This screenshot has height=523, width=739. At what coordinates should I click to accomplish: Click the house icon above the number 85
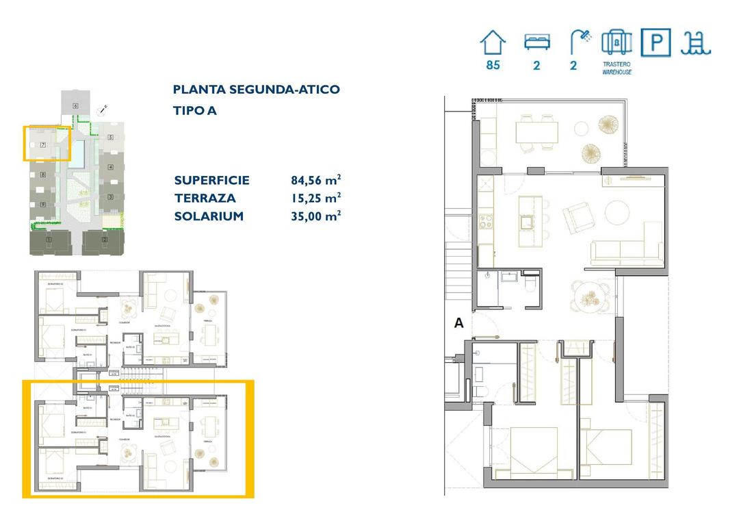click(x=493, y=42)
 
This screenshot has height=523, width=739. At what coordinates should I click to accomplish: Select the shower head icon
click(x=581, y=42)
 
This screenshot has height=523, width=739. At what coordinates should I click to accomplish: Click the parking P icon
click(x=656, y=42)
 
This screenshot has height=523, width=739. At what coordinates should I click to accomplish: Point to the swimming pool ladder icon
click(x=695, y=42)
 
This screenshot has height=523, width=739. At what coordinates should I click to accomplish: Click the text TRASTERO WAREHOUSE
click(x=617, y=68)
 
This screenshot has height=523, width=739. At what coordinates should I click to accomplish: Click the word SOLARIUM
click(x=209, y=216)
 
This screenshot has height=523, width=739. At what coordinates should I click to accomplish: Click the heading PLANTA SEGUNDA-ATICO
click(x=256, y=90)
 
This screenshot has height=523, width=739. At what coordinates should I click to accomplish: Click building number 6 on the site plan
click(x=75, y=105)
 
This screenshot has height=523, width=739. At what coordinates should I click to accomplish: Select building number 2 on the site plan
click(x=104, y=240)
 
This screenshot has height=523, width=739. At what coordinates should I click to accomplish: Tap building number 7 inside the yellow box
click(x=42, y=145)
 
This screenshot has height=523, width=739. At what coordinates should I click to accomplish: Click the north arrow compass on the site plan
click(x=103, y=108)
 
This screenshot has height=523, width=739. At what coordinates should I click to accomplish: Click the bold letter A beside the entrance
click(x=459, y=324)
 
